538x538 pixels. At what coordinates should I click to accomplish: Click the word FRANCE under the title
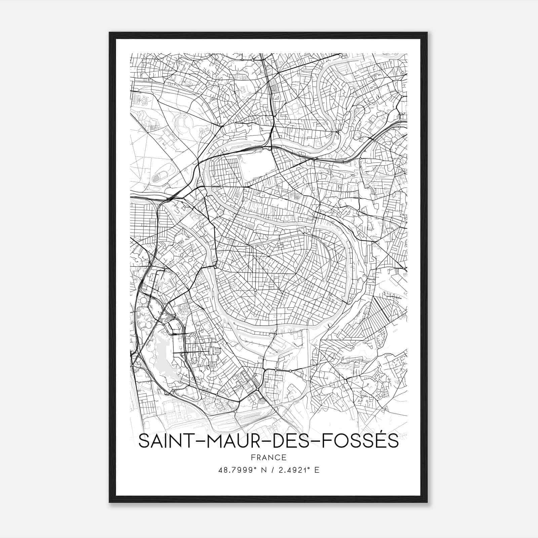point(269,457)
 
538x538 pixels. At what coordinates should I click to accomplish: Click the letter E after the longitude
point(316,470)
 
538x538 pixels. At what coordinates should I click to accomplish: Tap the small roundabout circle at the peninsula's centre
point(255,290)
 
